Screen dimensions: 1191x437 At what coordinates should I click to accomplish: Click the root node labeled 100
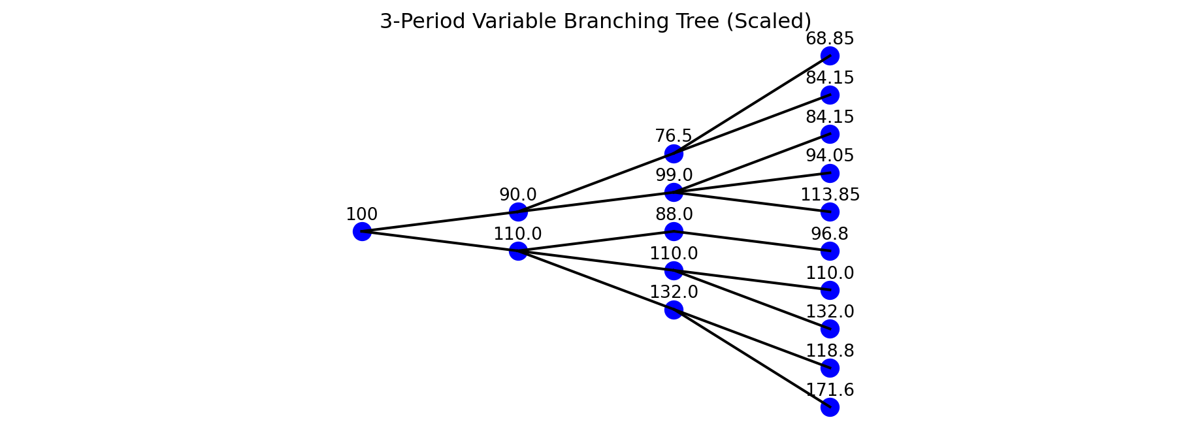(362, 231)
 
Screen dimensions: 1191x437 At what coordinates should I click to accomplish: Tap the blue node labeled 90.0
(518, 212)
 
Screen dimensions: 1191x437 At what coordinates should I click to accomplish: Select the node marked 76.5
(674, 154)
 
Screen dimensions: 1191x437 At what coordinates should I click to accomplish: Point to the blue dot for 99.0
(674, 192)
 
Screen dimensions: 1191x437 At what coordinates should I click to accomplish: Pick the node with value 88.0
(674, 231)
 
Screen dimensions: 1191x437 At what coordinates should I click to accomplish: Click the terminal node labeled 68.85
(830, 56)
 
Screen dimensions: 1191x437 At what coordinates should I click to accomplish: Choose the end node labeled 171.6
(830, 407)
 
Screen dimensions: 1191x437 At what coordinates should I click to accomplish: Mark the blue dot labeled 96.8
(830, 251)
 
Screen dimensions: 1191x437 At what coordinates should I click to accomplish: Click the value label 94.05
(830, 155)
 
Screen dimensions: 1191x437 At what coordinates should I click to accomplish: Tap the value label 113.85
(830, 195)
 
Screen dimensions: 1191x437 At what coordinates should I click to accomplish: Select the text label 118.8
(830, 351)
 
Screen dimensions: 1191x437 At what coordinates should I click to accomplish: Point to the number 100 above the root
(362, 214)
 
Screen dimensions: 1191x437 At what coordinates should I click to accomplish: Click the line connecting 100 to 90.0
(440, 221)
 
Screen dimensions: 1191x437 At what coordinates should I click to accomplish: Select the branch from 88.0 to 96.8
(751, 241)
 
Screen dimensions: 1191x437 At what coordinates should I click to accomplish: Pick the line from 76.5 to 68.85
(751, 105)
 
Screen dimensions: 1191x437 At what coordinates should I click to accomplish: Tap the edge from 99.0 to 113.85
(751, 202)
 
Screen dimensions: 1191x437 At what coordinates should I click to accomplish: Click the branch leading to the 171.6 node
(751, 358)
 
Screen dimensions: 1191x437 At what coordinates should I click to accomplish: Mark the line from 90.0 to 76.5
(596, 182)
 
